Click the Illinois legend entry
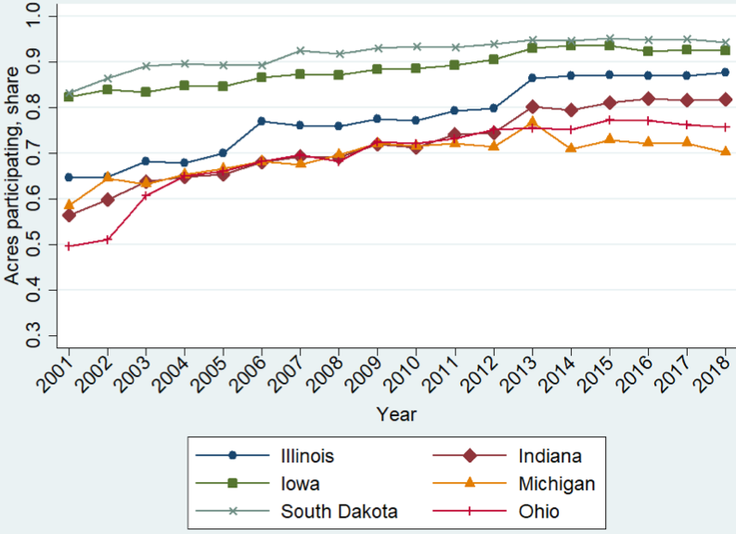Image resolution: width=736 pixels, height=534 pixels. (306, 456)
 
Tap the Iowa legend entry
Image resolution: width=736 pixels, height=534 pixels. (296, 484)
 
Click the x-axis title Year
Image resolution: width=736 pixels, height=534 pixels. (396, 414)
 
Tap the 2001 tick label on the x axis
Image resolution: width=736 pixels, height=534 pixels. (59, 375)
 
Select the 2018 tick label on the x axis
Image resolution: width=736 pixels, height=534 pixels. (716, 375)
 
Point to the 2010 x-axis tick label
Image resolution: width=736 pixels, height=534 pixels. (407, 375)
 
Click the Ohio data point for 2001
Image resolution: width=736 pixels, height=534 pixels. (70, 246)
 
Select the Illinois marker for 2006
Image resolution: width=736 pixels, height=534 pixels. (262, 121)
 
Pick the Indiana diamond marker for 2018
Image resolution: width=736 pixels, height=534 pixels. (725, 99)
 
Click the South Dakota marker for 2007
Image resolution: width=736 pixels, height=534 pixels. (300, 50)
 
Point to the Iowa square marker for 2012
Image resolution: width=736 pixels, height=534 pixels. (494, 59)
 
